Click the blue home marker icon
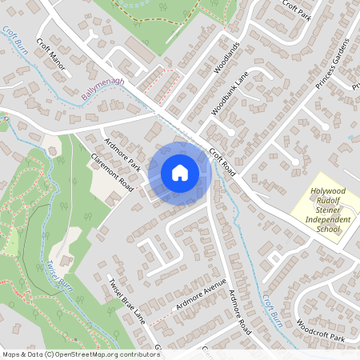point(180,172)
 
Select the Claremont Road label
point(112,170)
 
